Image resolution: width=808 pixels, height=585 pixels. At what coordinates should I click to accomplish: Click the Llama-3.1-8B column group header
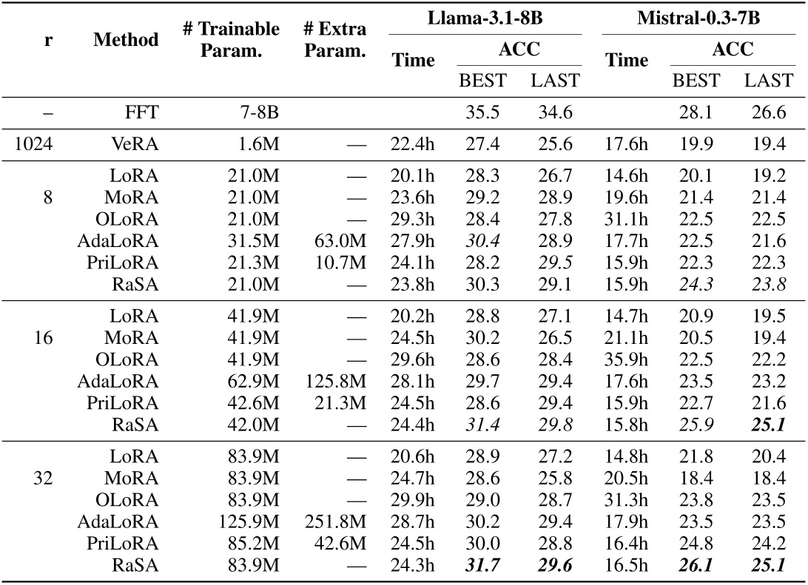tap(485, 16)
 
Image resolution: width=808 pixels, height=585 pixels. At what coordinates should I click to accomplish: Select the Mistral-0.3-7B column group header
tap(699, 16)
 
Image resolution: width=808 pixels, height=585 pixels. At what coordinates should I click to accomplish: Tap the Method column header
tap(126, 39)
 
